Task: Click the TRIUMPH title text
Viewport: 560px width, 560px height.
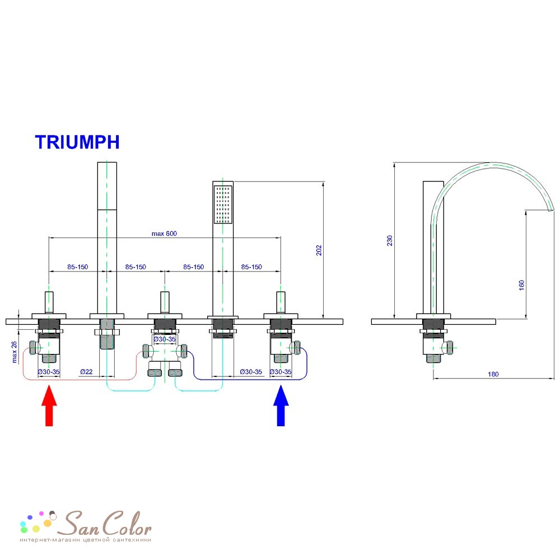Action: pos(77,142)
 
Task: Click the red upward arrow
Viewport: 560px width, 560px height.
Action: pos(49,405)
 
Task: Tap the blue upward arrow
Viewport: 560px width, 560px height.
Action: pos(281,405)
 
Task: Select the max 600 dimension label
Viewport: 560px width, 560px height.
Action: pos(164,234)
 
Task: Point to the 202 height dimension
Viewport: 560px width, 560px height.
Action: pos(319,250)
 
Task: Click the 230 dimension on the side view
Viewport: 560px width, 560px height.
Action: pos(390,240)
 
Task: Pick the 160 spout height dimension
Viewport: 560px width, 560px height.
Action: pos(521,285)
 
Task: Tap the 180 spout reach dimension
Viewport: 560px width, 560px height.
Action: pos(493,374)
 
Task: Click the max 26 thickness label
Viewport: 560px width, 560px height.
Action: pos(15,352)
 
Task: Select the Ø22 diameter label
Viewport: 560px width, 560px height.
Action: pos(86,372)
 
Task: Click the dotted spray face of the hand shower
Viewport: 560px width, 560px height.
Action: pos(223,204)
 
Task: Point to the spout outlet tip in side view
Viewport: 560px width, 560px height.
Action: pos(552,209)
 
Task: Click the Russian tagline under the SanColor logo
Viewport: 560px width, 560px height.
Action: pos(85,540)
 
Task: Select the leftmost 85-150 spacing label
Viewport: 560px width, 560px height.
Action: pos(77,267)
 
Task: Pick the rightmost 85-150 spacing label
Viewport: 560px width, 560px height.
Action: pos(251,267)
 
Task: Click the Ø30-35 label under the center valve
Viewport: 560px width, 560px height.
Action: pos(165,339)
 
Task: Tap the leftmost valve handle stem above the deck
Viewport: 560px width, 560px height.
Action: pos(49,302)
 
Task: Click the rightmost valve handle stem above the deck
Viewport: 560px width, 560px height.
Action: pos(281,302)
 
